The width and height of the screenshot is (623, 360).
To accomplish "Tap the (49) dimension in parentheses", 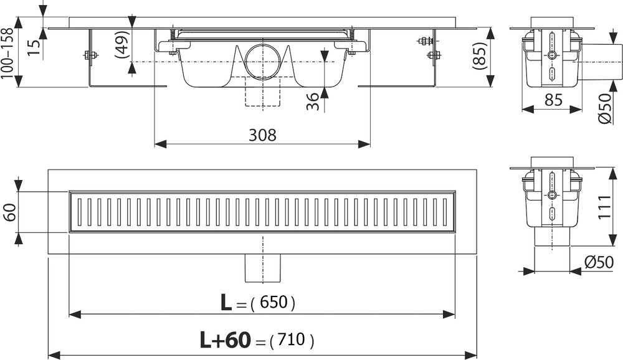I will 123,44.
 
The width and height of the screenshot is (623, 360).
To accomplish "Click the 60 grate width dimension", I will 9,212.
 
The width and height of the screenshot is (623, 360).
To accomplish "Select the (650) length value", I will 273,303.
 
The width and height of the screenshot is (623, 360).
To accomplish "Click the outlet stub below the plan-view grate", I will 261,268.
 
